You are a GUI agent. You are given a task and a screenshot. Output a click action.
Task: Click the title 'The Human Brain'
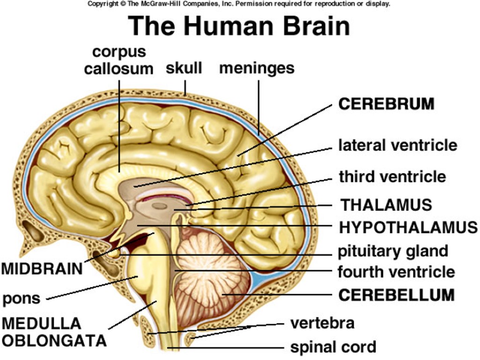[x=239, y=26]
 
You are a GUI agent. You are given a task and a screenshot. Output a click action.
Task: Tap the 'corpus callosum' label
[x=119, y=60]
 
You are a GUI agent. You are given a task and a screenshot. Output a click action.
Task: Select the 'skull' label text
[x=184, y=68]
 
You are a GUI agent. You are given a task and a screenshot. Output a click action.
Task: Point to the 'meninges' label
[x=257, y=68]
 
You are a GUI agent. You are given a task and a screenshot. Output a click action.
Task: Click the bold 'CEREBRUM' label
[x=386, y=104]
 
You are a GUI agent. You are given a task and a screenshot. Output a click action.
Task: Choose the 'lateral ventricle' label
[x=397, y=145]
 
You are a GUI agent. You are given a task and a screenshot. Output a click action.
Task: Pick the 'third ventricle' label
[x=392, y=177]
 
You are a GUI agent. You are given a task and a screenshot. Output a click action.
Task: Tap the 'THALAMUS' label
[x=386, y=205]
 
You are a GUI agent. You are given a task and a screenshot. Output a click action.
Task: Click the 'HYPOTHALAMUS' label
[x=408, y=227]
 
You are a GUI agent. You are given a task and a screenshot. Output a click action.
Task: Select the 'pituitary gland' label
[x=393, y=251]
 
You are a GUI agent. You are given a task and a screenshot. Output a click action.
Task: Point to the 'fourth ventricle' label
[x=396, y=271]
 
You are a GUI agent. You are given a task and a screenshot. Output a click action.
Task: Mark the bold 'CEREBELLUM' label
[x=396, y=295]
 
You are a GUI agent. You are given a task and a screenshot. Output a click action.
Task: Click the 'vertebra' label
[x=322, y=323]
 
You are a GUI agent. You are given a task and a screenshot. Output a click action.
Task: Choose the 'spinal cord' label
[x=333, y=347]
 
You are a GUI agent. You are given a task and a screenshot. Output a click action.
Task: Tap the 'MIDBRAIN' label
[x=42, y=269]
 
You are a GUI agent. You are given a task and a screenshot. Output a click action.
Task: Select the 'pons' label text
[x=22, y=298]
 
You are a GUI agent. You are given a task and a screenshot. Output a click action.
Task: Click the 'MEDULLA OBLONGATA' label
[x=54, y=332]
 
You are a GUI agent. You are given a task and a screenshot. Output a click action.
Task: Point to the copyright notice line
[x=239, y=4]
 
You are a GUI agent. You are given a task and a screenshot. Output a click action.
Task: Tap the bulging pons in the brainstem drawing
[x=138, y=272]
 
